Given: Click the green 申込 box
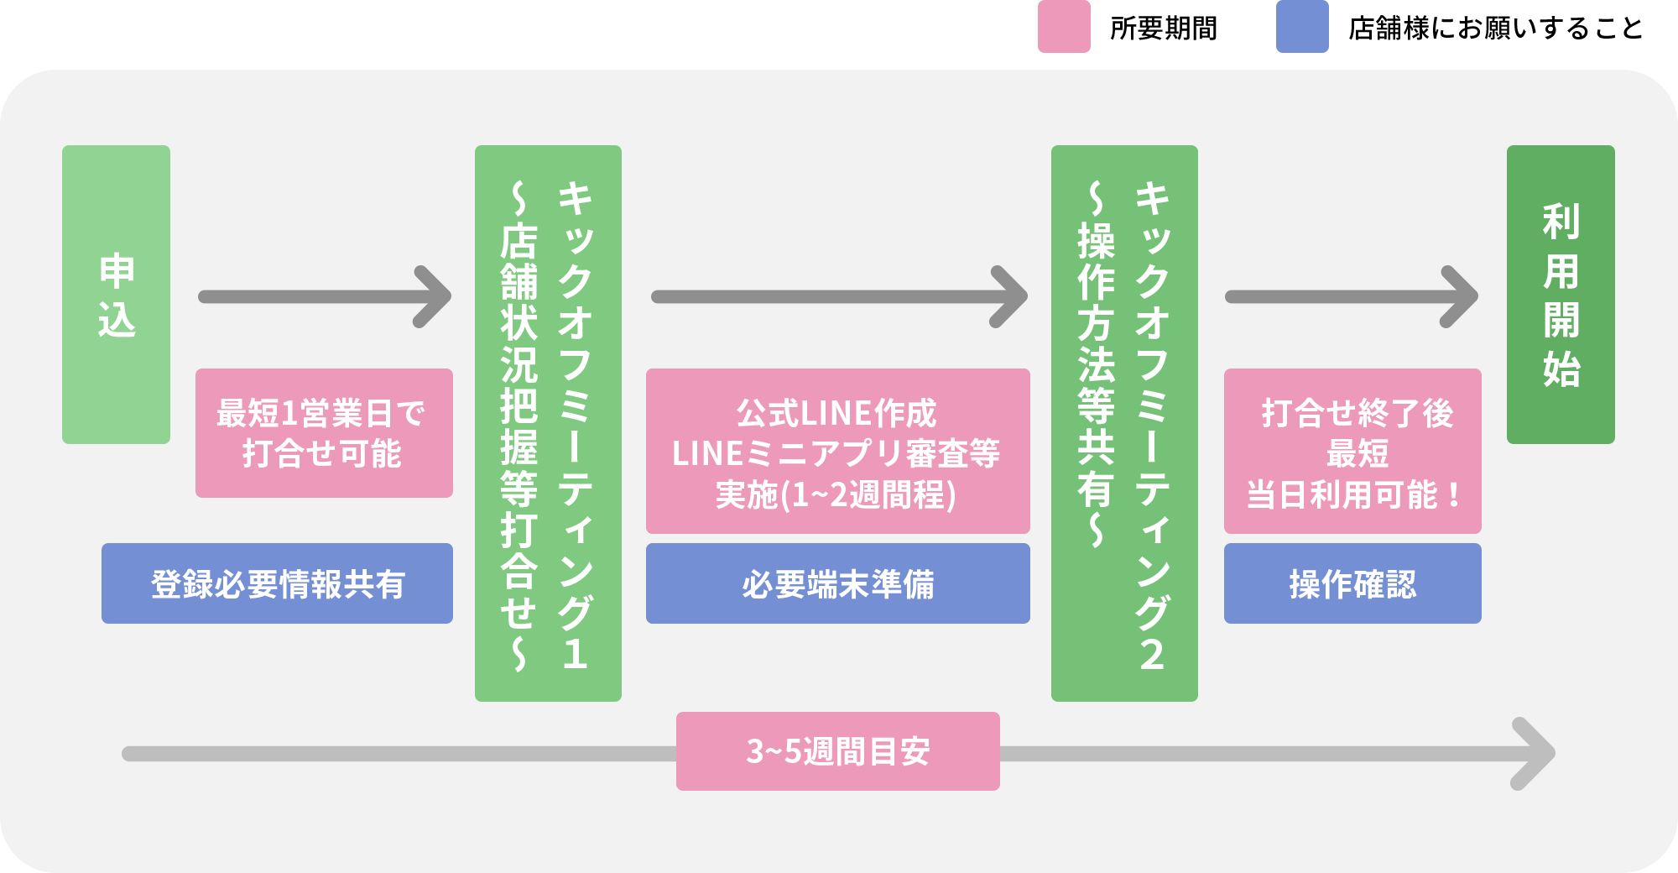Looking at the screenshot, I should (x=116, y=295).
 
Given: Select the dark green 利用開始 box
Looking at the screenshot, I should (x=1561, y=295).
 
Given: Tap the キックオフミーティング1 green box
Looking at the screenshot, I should (x=548, y=423).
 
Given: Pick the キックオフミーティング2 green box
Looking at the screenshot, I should (x=1124, y=423).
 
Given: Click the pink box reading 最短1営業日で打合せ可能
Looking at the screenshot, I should (x=324, y=433).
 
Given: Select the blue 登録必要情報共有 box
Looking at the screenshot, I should (x=277, y=583).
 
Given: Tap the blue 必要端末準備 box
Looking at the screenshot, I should (x=837, y=583).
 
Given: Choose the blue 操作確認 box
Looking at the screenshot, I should (x=1352, y=583).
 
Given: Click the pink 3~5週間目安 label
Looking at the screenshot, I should (x=837, y=751).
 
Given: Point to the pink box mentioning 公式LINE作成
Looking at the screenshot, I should (x=837, y=452).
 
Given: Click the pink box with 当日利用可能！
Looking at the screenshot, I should (x=1352, y=452).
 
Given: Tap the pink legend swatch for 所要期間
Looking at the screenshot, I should (x=1064, y=27).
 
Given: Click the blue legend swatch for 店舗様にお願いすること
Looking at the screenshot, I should (x=1302, y=27).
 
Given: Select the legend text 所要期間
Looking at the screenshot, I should (x=1163, y=29).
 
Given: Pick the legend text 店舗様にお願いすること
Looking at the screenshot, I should (x=1495, y=29).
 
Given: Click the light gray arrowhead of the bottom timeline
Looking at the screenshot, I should (x=1537, y=754).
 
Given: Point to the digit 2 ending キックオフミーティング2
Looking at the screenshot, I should (x=1152, y=654).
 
